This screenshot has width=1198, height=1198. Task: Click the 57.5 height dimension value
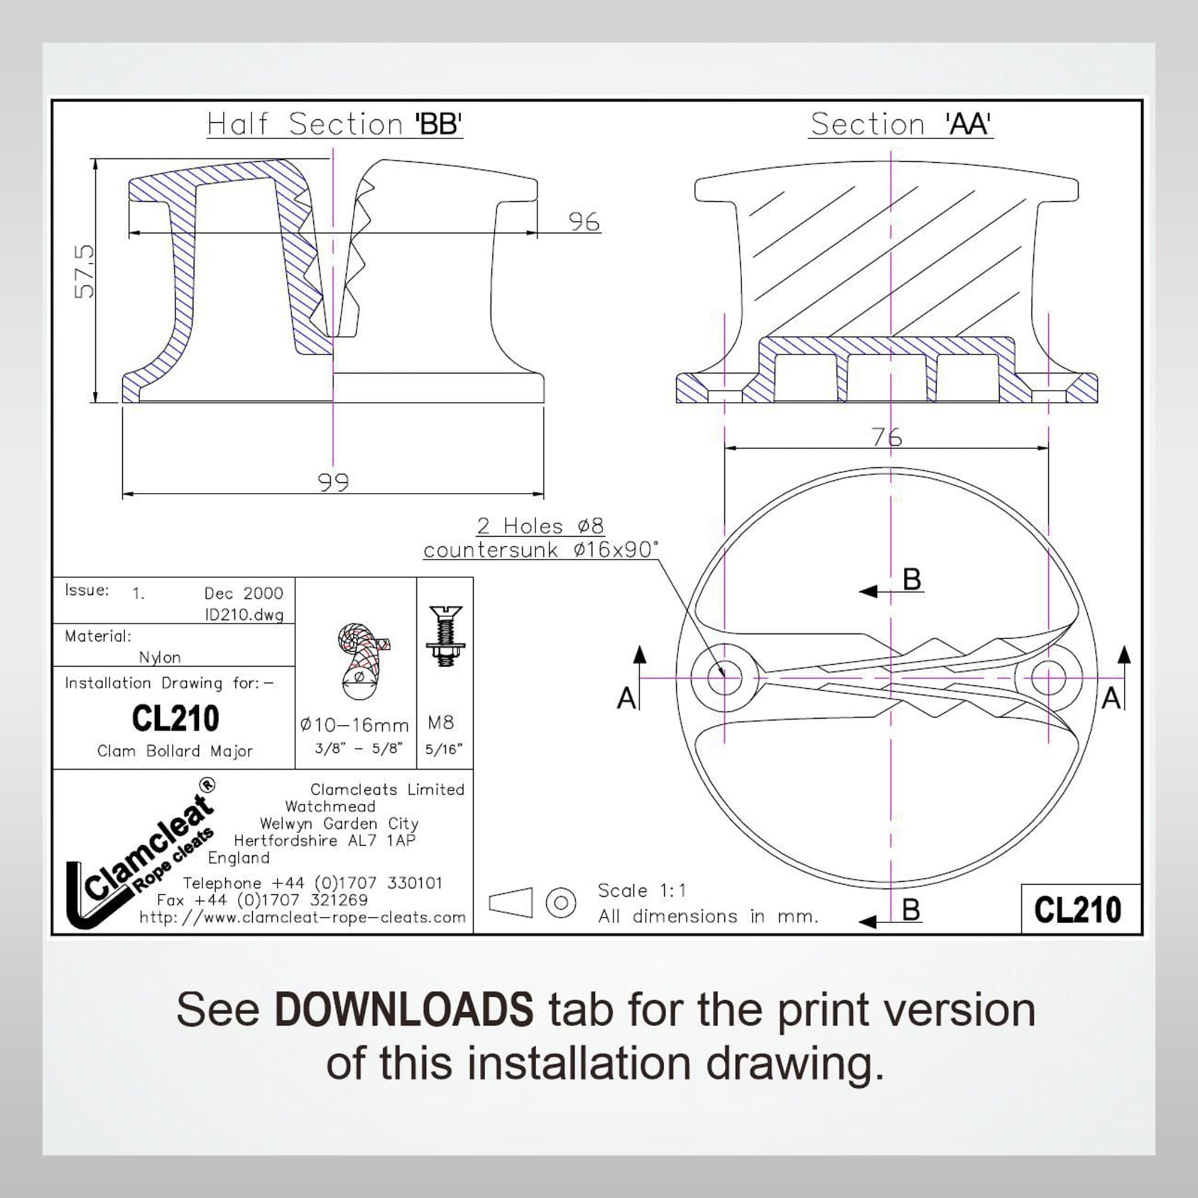coord(84,271)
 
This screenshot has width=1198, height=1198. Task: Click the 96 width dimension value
coord(583,222)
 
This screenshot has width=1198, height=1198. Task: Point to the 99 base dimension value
coord(333,482)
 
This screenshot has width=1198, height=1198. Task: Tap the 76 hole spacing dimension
coord(887,438)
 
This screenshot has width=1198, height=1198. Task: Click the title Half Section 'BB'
coord(335,124)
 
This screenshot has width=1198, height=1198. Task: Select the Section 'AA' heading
coord(900,124)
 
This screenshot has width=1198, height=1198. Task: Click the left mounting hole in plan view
coord(724,677)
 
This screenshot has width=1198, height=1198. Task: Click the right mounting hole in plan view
coord(1049,677)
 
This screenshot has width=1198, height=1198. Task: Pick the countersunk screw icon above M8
coord(445,636)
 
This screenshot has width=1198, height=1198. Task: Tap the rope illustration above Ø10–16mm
coord(359,658)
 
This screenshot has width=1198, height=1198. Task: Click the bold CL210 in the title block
coord(176,718)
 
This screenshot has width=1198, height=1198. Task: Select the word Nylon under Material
coord(160,657)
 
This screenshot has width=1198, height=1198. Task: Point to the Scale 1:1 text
coord(642,891)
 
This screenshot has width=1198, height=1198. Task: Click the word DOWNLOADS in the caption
coord(403,1009)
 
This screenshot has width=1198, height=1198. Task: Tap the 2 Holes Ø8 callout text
coord(540,526)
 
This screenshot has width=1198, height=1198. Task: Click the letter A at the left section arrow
coord(627,699)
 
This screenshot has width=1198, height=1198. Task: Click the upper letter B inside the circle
coord(912,579)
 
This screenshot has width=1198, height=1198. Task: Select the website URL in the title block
coord(302,918)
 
